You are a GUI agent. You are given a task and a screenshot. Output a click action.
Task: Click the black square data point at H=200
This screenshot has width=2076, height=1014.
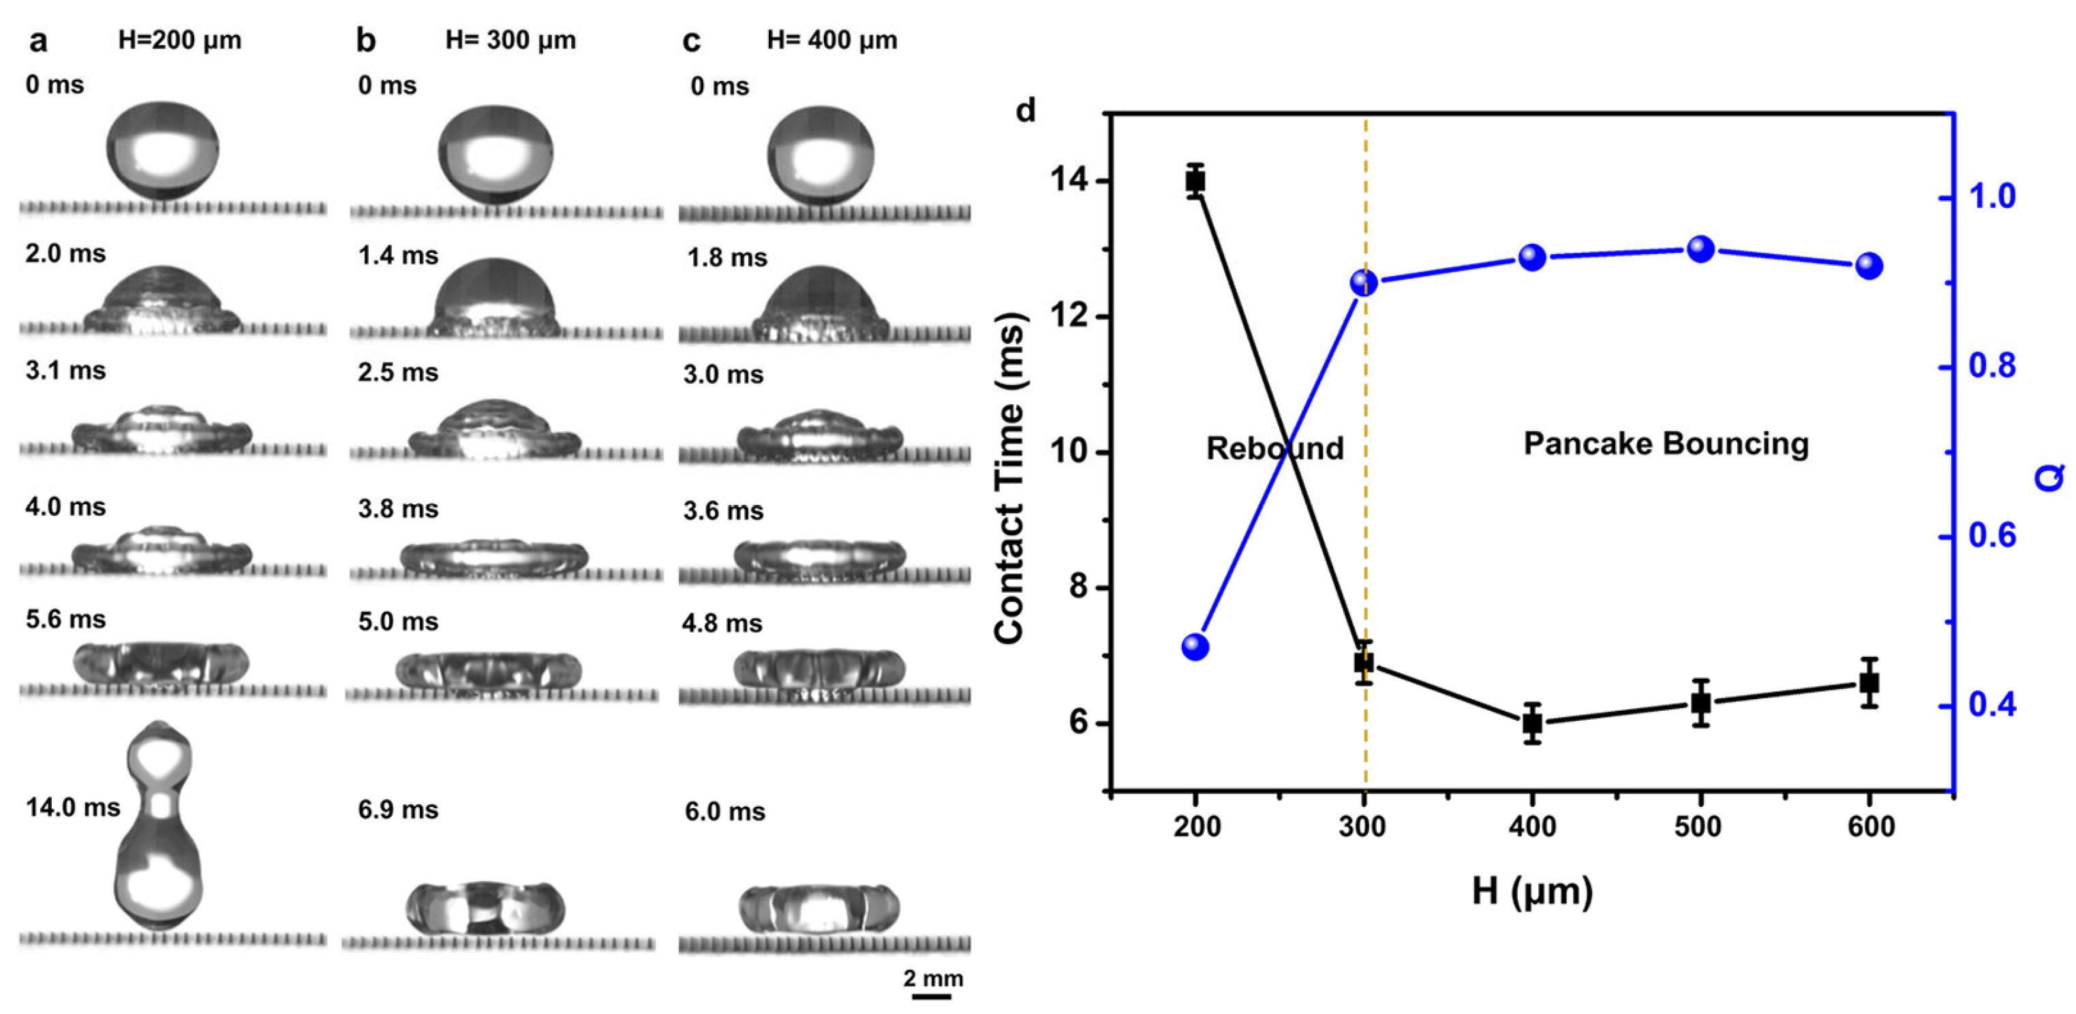click(x=1195, y=181)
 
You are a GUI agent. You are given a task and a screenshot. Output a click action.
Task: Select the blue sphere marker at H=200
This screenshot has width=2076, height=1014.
click(x=1195, y=647)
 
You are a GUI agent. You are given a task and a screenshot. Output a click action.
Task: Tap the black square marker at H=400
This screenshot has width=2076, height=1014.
click(x=1532, y=723)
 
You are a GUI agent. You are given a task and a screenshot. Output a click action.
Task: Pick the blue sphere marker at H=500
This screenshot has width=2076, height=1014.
click(x=1700, y=249)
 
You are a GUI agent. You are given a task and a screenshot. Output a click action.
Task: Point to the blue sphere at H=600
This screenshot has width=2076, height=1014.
click(x=1869, y=266)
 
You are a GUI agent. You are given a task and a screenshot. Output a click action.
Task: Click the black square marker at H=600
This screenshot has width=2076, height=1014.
click(x=1869, y=683)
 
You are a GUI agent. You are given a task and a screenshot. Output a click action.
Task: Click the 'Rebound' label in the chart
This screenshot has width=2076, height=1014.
click(x=1275, y=448)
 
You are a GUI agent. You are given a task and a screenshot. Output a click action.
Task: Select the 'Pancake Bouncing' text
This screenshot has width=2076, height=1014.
click(x=1666, y=444)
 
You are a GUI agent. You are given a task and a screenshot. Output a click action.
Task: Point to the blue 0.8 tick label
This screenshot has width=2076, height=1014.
click(x=1992, y=366)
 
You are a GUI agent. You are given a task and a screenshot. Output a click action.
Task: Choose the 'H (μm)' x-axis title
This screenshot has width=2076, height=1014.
click(x=1532, y=891)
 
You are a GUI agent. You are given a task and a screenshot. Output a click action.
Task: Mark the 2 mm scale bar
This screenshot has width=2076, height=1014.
click(x=932, y=996)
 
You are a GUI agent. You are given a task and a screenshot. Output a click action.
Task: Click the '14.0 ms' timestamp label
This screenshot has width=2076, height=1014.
click(x=72, y=808)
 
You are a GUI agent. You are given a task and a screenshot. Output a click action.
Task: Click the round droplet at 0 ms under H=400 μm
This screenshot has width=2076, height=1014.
click(x=820, y=153)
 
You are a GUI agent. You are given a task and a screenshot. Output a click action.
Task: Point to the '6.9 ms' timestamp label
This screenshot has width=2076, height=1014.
click(x=398, y=810)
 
